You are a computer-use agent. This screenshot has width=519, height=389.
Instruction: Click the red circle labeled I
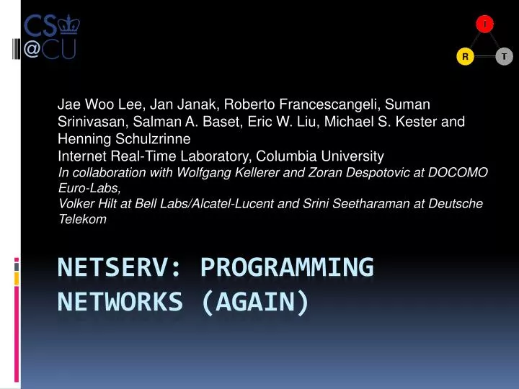pos(484,24)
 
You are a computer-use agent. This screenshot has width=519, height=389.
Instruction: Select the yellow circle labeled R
pos(465,56)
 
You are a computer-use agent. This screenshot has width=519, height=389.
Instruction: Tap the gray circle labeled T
pos(505,56)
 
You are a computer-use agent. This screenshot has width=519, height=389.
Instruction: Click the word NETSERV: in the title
pos(123,267)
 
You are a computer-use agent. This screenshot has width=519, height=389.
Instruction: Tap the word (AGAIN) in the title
pos(256,303)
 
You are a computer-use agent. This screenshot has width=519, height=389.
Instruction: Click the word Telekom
pos(82,220)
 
